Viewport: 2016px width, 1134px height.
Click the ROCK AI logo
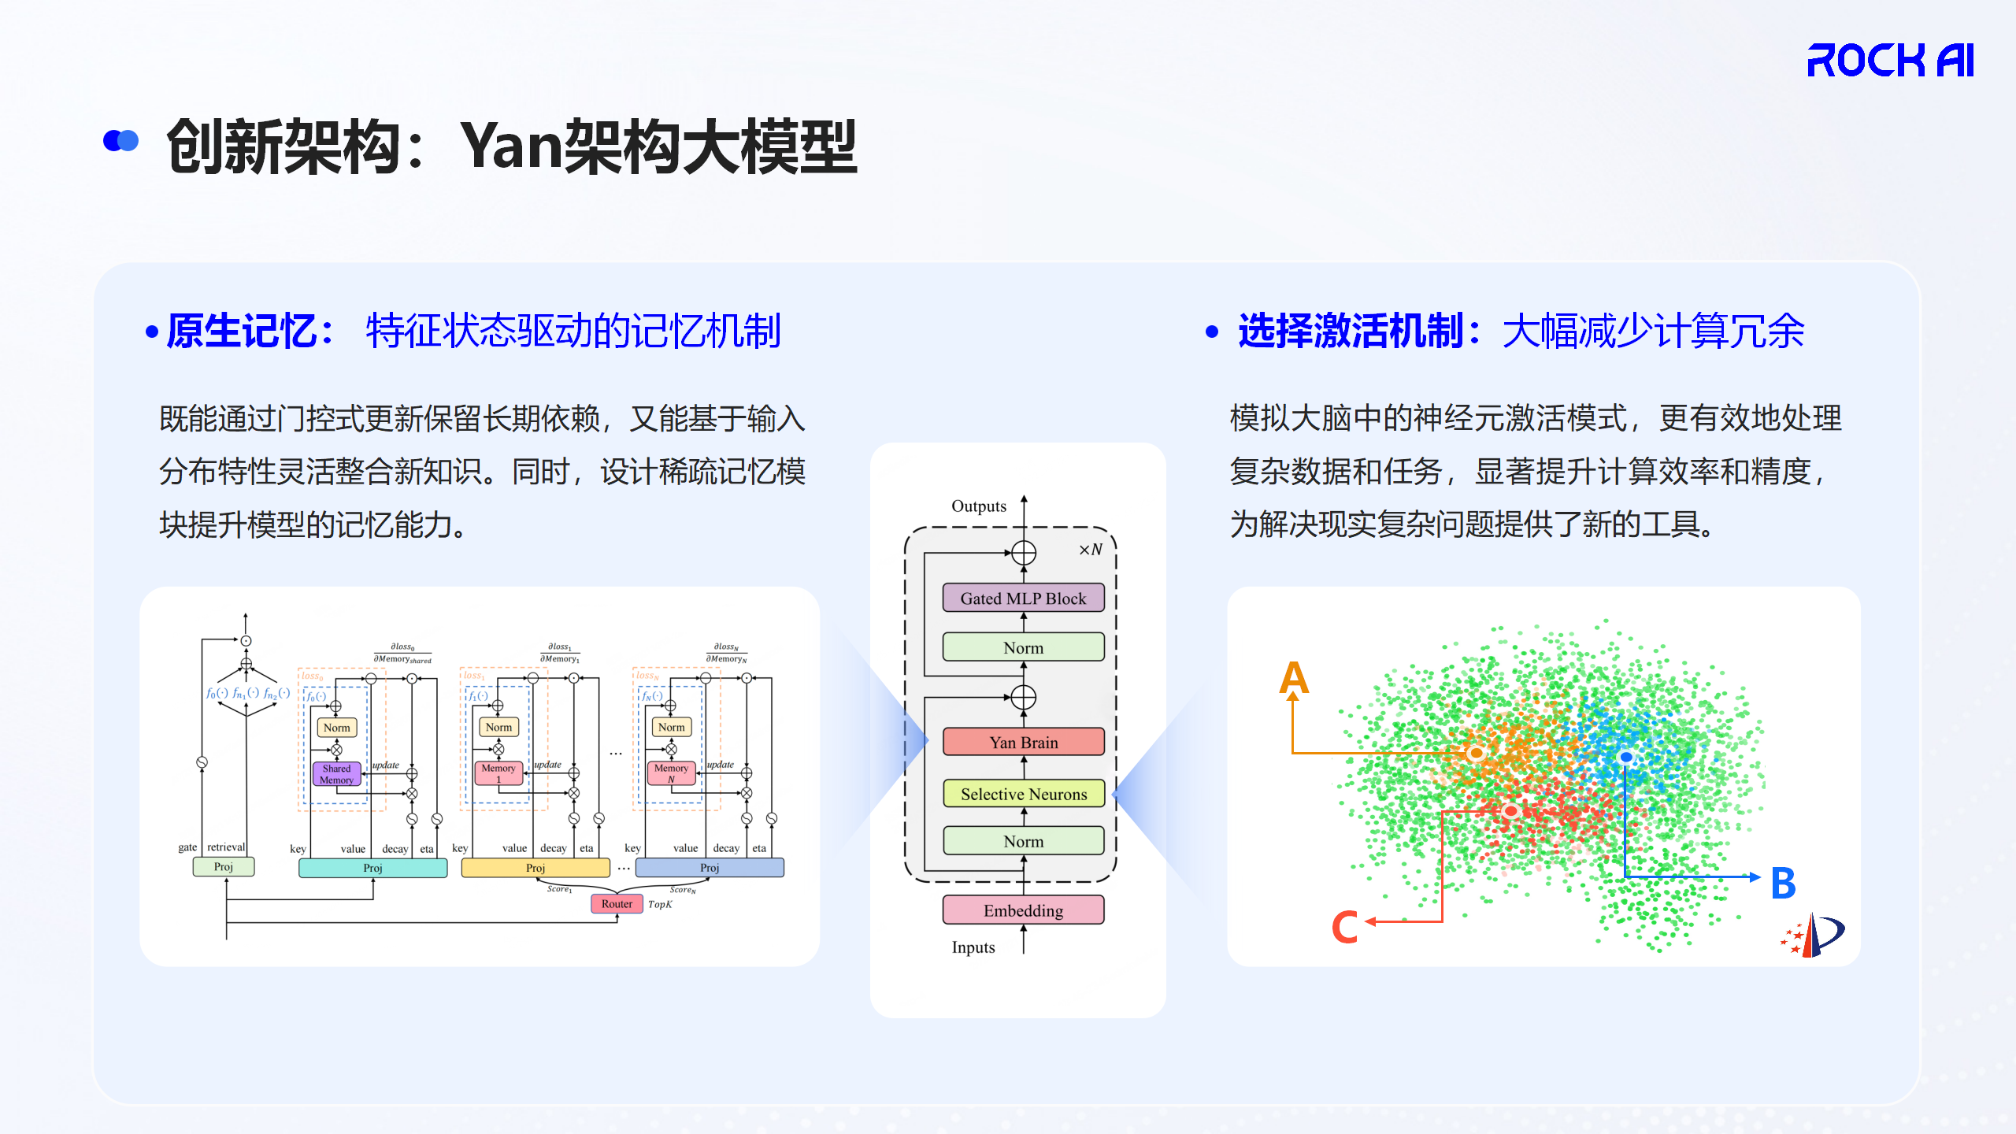[x=1890, y=61]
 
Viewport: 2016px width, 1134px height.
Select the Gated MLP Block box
[x=1023, y=598]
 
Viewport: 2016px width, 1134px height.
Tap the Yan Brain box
[x=1023, y=742]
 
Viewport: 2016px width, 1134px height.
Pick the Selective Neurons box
[x=1023, y=794]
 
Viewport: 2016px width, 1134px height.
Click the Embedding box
[x=1023, y=910]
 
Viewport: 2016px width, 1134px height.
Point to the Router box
[x=617, y=904]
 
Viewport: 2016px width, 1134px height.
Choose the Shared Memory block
[x=336, y=774]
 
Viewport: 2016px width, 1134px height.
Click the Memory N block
[x=671, y=773]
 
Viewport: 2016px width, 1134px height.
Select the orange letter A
[x=1294, y=678]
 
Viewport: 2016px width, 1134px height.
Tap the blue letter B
[x=1784, y=883]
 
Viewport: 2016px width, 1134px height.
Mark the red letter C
[x=1344, y=926]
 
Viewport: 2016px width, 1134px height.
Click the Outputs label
[x=979, y=506]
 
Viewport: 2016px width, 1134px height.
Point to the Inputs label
[x=973, y=947]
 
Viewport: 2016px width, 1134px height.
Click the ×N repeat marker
[x=1091, y=550]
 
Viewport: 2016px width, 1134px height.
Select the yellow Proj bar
[x=535, y=868]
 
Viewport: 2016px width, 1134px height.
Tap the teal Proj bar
[x=372, y=868]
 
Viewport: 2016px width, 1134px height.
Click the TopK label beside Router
[x=660, y=905]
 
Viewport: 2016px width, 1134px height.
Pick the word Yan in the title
[x=512, y=146]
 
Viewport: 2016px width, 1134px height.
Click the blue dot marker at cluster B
[x=1626, y=758]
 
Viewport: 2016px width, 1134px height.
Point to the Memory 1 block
[x=498, y=773]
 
